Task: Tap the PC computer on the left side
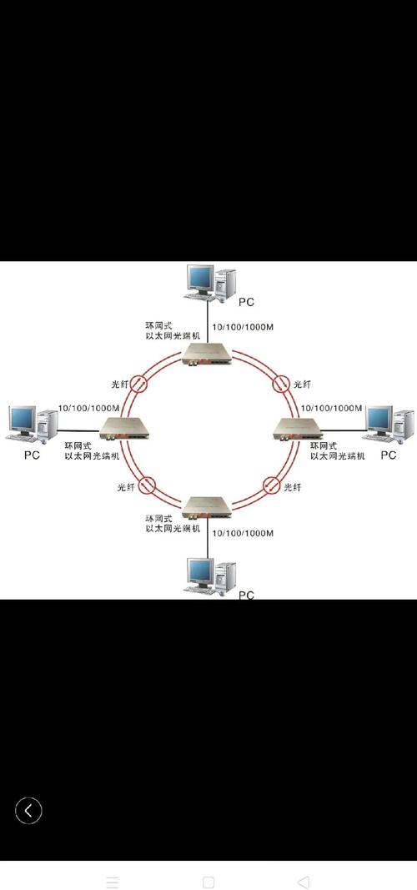(x=26, y=424)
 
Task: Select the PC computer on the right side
(x=390, y=424)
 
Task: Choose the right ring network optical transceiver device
(x=291, y=429)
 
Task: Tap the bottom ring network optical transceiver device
(x=209, y=506)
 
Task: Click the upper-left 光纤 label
(x=120, y=385)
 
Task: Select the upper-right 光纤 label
(x=302, y=385)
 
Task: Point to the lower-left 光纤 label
(x=125, y=487)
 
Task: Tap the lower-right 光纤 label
(x=293, y=487)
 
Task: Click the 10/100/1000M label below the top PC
(x=244, y=327)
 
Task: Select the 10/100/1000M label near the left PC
(x=88, y=408)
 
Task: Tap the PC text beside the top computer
(x=247, y=301)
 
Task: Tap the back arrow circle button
(x=28, y=809)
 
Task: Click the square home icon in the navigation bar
(x=208, y=882)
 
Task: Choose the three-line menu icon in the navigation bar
(x=113, y=882)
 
